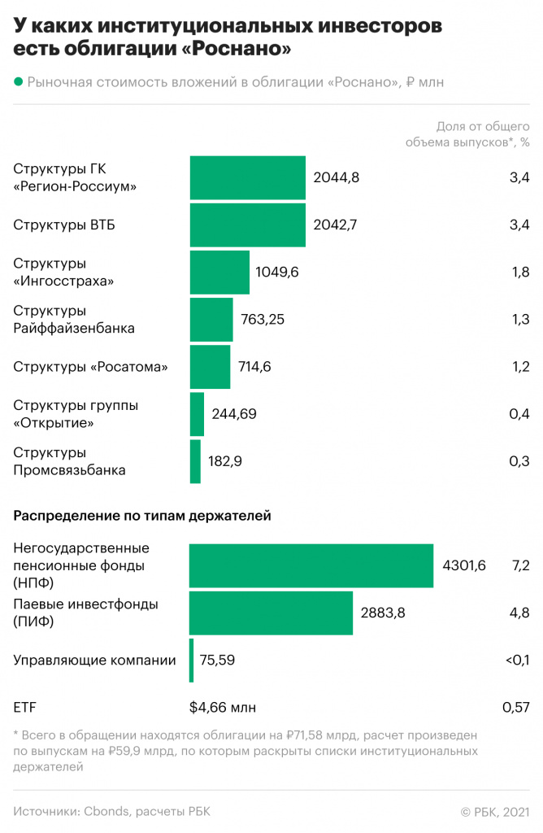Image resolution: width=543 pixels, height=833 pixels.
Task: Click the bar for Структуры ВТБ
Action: tap(248, 225)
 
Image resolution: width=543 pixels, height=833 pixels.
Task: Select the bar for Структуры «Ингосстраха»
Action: tap(219, 272)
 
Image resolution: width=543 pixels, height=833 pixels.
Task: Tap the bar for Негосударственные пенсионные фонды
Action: tap(311, 565)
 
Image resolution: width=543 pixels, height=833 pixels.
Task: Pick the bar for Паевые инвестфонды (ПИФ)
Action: tap(271, 613)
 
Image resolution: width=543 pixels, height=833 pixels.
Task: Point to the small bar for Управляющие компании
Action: tap(192, 661)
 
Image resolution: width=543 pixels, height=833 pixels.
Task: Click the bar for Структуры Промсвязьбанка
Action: tap(195, 461)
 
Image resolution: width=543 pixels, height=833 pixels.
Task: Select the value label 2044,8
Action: tap(337, 177)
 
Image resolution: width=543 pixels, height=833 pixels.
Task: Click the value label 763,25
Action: tap(263, 319)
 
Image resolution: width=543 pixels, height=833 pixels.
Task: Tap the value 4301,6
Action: tap(464, 565)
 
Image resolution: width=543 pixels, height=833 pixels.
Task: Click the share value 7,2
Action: tap(519, 565)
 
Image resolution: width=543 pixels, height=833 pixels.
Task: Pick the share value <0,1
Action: tap(516, 661)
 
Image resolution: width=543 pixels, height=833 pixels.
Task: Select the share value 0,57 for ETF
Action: tap(516, 708)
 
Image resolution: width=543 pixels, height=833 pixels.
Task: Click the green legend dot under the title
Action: tap(18, 81)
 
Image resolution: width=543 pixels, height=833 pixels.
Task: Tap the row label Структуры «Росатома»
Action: tap(90, 367)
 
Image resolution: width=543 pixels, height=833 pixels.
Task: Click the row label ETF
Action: tap(25, 708)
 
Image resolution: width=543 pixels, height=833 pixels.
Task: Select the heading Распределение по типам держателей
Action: tap(142, 515)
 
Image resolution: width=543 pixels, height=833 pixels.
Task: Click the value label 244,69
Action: tap(233, 414)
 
